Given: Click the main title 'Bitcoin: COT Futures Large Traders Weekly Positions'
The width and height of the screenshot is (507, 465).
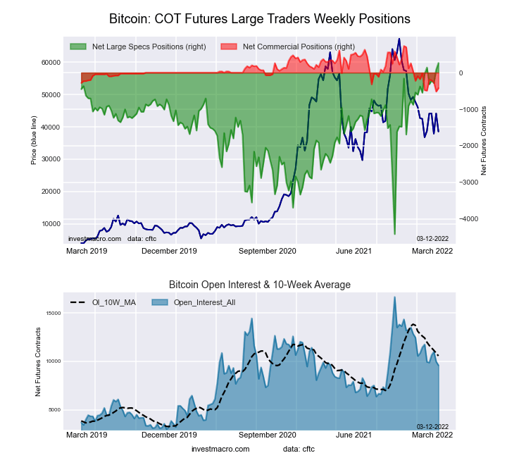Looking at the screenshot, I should pyautogui.click(x=260, y=18).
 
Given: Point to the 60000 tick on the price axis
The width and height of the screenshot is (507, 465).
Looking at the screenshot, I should pyautogui.click(x=49, y=63).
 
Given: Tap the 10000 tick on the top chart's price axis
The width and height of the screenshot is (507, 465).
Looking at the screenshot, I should pyautogui.click(x=49, y=224).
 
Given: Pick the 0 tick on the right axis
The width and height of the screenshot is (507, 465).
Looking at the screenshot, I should pyautogui.click(x=462, y=73).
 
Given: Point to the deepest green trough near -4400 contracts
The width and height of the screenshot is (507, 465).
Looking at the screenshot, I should pyautogui.click(x=394, y=234).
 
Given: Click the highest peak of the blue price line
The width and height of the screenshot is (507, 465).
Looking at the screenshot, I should pyautogui.click(x=399, y=39).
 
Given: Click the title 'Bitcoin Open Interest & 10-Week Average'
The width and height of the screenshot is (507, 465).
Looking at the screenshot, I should pyautogui.click(x=259, y=285).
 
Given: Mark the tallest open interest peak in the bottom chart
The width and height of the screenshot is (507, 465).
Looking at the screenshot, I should pyautogui.click(x=394, y=297).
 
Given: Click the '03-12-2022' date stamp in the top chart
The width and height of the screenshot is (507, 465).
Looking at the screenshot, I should pyautogui.click(x=432, y=238).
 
